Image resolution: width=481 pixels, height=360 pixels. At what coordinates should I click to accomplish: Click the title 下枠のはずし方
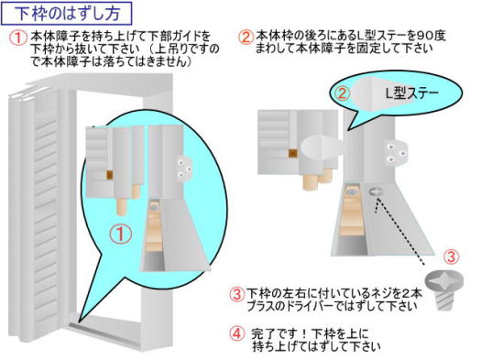(x=67, y=14)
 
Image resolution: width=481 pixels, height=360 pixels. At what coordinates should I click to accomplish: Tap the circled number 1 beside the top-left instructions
(x=18, y=38)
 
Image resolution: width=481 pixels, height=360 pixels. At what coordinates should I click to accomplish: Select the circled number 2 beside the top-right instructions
(x=246, y=38)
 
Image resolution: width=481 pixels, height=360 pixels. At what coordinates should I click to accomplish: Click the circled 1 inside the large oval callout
(x=121, y=234)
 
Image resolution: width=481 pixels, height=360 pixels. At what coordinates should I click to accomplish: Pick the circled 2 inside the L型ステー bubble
(x=342, y=93)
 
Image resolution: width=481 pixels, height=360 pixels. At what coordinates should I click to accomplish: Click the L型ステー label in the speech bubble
(x=411, y=93)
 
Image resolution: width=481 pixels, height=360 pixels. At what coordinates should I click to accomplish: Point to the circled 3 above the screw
(x=452, y=257)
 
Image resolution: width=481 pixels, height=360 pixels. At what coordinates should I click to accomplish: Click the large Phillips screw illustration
(x=444, y=289)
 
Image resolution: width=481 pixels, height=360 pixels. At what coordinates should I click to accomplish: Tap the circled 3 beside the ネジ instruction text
(x=236, y=294)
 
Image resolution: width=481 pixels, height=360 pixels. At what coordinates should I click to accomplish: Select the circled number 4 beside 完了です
(x=236, y=334)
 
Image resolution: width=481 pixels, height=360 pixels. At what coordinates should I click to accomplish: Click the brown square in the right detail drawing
(x=293, y=152)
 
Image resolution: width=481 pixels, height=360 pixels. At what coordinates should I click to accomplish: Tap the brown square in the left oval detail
(x=110, y=175)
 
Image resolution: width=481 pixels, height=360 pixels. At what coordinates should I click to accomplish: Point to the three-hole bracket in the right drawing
(x=396, y=152)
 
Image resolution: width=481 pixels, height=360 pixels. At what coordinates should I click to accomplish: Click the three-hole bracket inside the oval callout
(x=184, y=169)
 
